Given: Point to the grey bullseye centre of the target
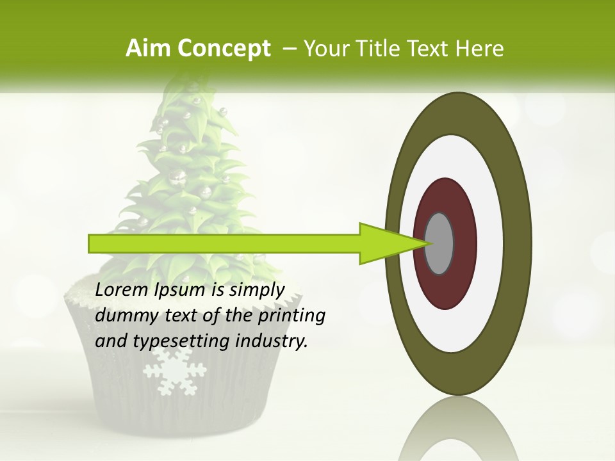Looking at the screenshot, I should point(439,243).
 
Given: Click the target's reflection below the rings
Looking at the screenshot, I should point(459,429).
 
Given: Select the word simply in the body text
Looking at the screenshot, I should point(256,291).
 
